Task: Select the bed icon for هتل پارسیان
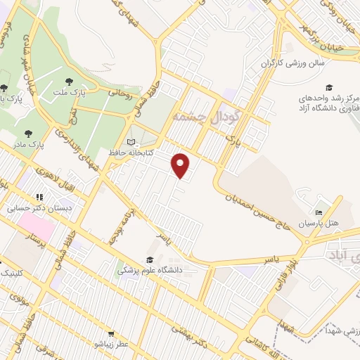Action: click(319, 212)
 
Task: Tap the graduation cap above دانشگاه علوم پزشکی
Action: click(149, 259)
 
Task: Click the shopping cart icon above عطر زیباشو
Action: click(110, 333)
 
